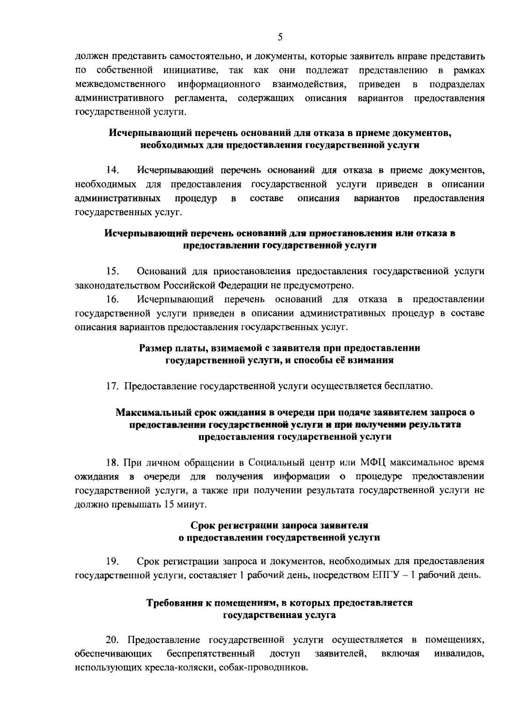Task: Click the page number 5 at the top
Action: pyautogui.click(x=280, y=38)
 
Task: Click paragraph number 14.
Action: pyautogui.click(x=112, y=170)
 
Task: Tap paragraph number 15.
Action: pyautogui.click(x=112, y=271)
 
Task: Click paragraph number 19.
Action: pyautogui.click(x=112, y=561)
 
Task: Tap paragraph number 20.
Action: pyautogui.click(x=113, y=641)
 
